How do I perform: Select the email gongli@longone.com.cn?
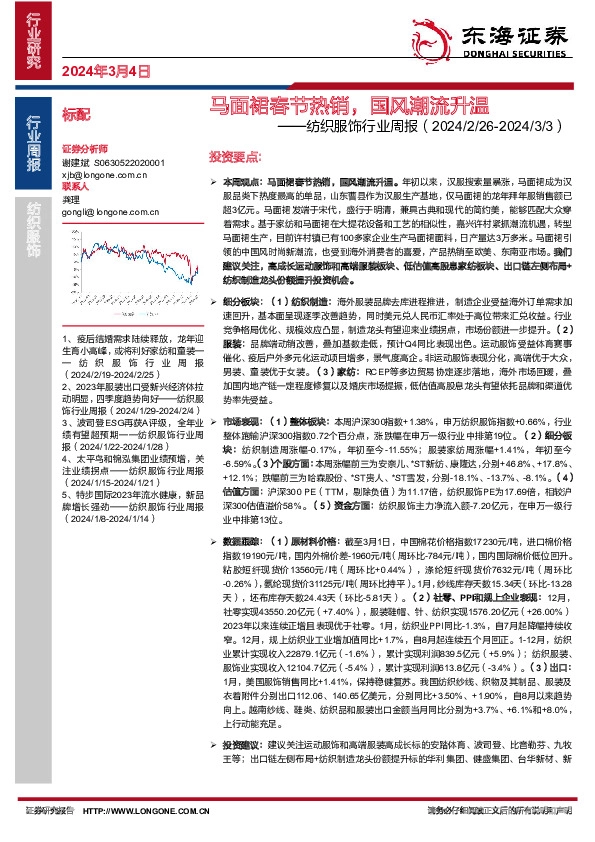point(106,211)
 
